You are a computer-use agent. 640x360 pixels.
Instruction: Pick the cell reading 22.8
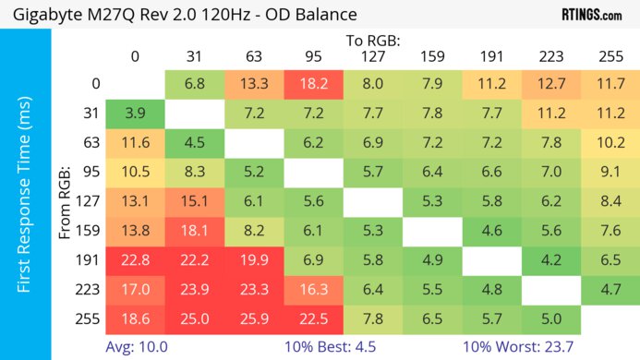point(135,261)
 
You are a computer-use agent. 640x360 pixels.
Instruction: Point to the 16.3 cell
point(313,290)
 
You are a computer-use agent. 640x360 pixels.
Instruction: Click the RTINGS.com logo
point(590,15)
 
